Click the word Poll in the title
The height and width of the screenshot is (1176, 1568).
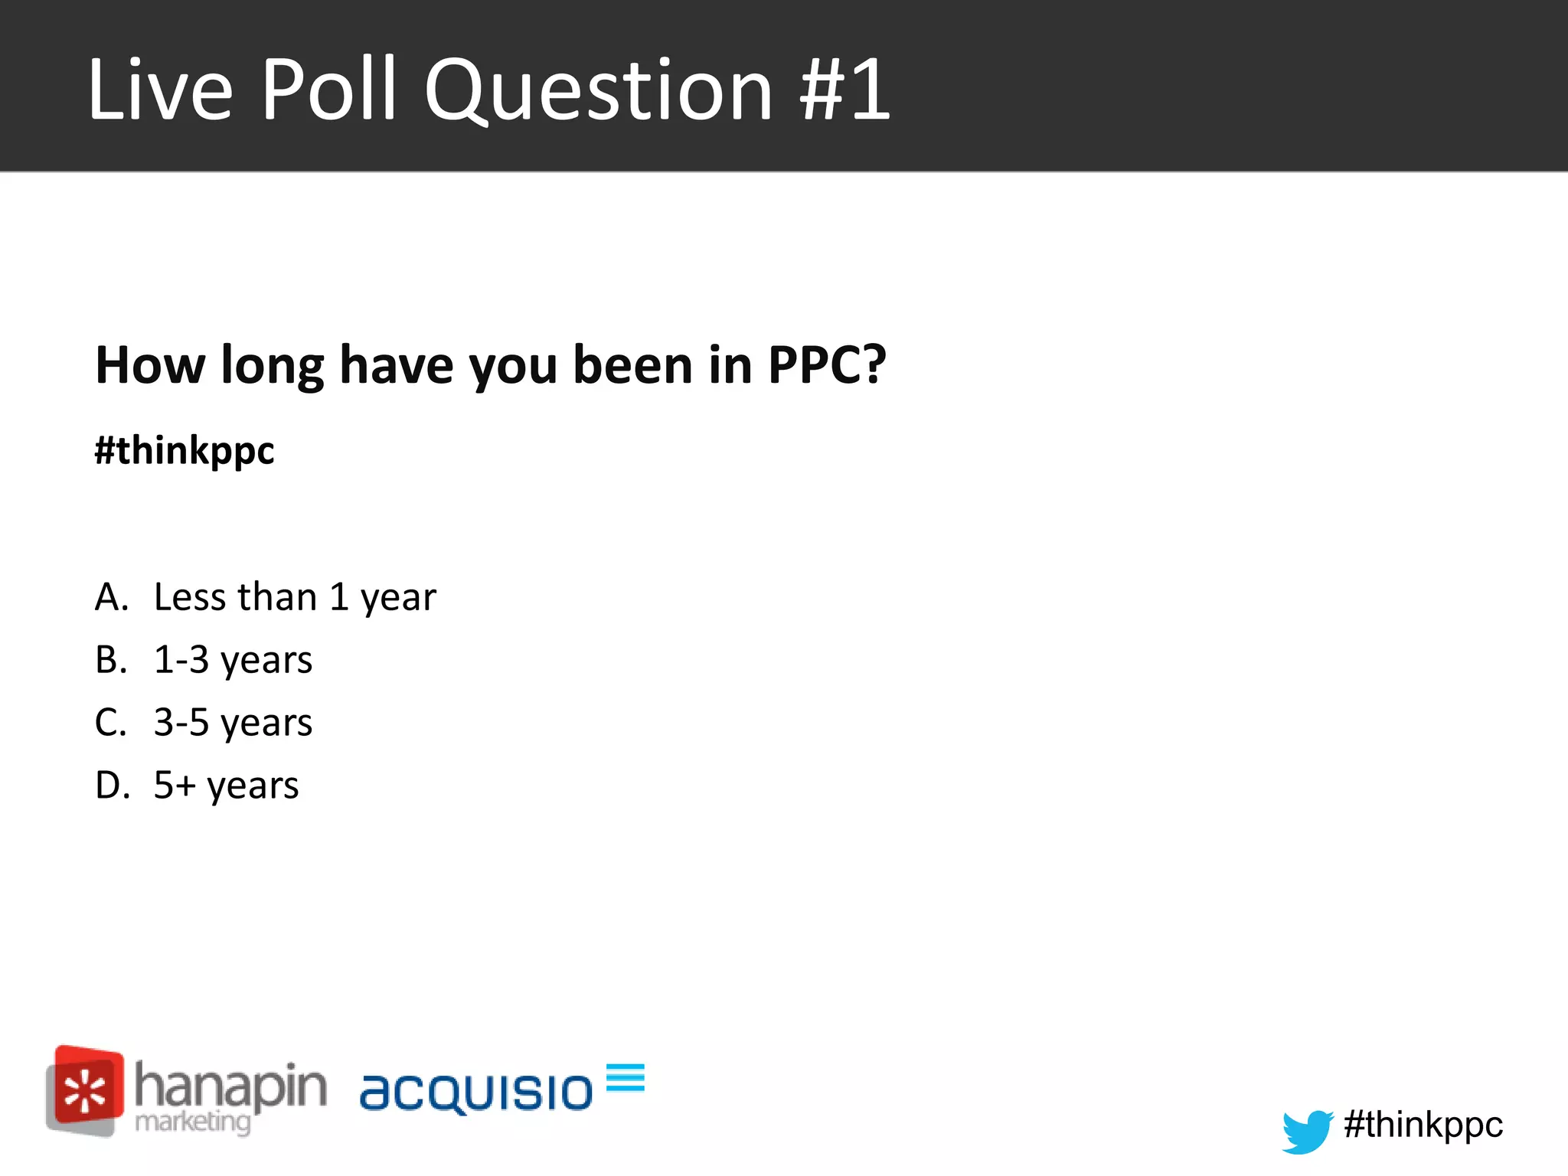pos(328,90)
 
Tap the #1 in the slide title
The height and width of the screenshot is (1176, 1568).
pos(845,90)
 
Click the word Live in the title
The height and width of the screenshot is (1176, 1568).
pos(160,90)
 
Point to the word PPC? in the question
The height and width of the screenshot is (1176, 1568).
pos(827,364)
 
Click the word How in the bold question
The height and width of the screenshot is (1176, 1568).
pos(150,364)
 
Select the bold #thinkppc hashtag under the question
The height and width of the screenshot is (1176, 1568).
pos(185,450)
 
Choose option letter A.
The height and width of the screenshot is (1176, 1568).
pos(111,597)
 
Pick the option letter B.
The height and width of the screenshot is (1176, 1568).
pos(111,660)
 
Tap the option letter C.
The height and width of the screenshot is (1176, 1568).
pos(111,723)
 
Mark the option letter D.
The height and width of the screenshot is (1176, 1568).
pos(112,786)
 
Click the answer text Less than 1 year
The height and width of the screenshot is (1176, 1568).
pos(295,598)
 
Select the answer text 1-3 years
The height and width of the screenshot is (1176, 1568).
pos(233,661)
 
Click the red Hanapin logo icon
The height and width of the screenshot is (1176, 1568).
pos(85,1089)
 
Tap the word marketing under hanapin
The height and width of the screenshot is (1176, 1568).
pos(192,1122)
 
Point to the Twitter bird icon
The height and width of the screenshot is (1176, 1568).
pos(1307,1130)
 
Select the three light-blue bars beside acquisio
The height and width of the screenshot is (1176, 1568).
pos(626,1077)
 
